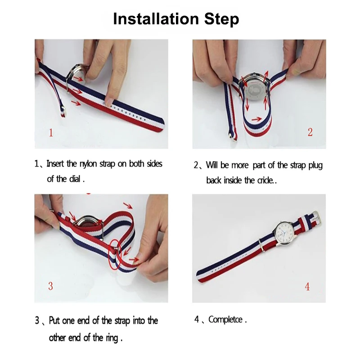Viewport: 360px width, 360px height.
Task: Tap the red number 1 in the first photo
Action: [51, 133]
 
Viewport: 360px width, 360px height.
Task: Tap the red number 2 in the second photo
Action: [310, 132]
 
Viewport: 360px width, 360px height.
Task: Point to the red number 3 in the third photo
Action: [50, 286]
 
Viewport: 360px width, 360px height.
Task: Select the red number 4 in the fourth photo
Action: [307, 287]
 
